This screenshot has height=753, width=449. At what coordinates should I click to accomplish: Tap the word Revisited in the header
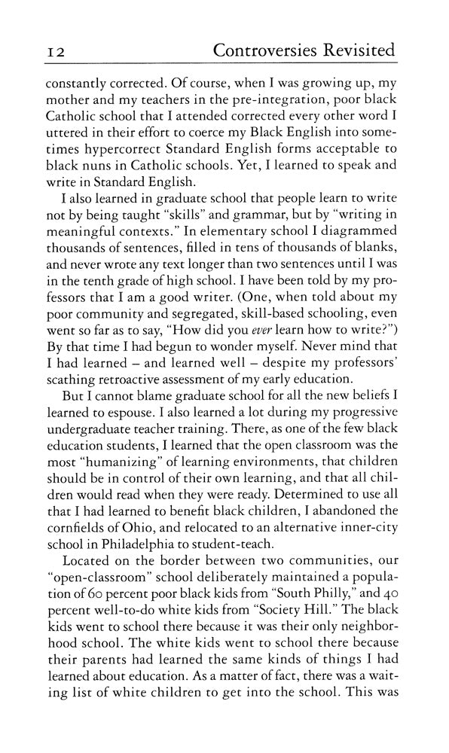point(364,50)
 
